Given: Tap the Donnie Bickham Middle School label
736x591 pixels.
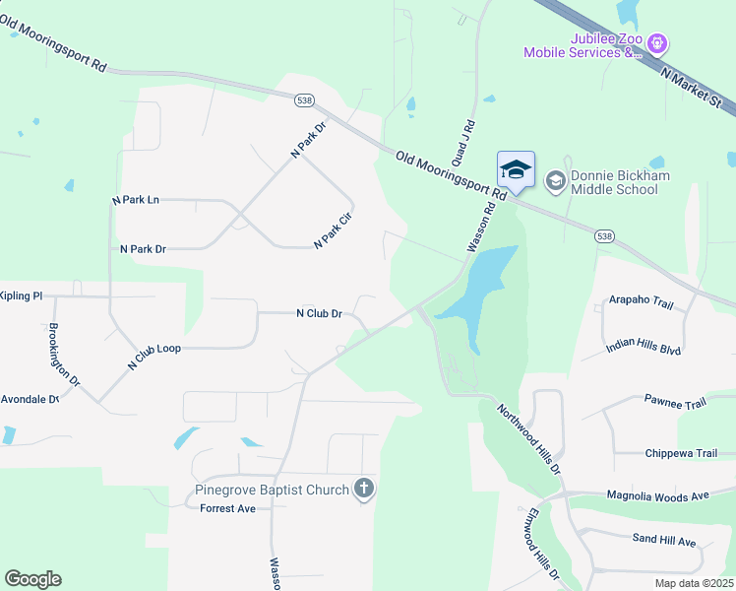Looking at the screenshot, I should coord(620,182).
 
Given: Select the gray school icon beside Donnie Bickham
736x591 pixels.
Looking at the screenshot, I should coord(555,179).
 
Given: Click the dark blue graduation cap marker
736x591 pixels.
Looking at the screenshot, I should coord(516,170).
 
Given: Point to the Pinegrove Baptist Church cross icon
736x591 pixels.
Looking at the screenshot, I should coord(364,489).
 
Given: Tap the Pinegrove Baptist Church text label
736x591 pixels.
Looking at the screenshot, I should coord(273,490).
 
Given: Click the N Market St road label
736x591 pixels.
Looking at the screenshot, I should coord(692,86).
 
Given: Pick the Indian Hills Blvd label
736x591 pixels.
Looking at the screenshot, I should coord(644,346).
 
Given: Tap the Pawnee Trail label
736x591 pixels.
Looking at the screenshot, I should coord(675,403).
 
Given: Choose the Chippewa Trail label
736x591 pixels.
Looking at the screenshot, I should coord(681,453).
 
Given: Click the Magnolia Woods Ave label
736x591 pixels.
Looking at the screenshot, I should coord(657,495).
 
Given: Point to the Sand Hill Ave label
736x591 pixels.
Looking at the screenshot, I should coord(663,542).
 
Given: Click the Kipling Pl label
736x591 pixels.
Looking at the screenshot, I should coord(21,295).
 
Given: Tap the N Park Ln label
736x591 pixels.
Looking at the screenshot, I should coord(136,200).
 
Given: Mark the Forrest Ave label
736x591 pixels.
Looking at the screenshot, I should coord(227,508).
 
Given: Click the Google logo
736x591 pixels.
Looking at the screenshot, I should coord(32,579).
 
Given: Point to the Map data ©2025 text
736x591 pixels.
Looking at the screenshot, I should coord(693,583).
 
